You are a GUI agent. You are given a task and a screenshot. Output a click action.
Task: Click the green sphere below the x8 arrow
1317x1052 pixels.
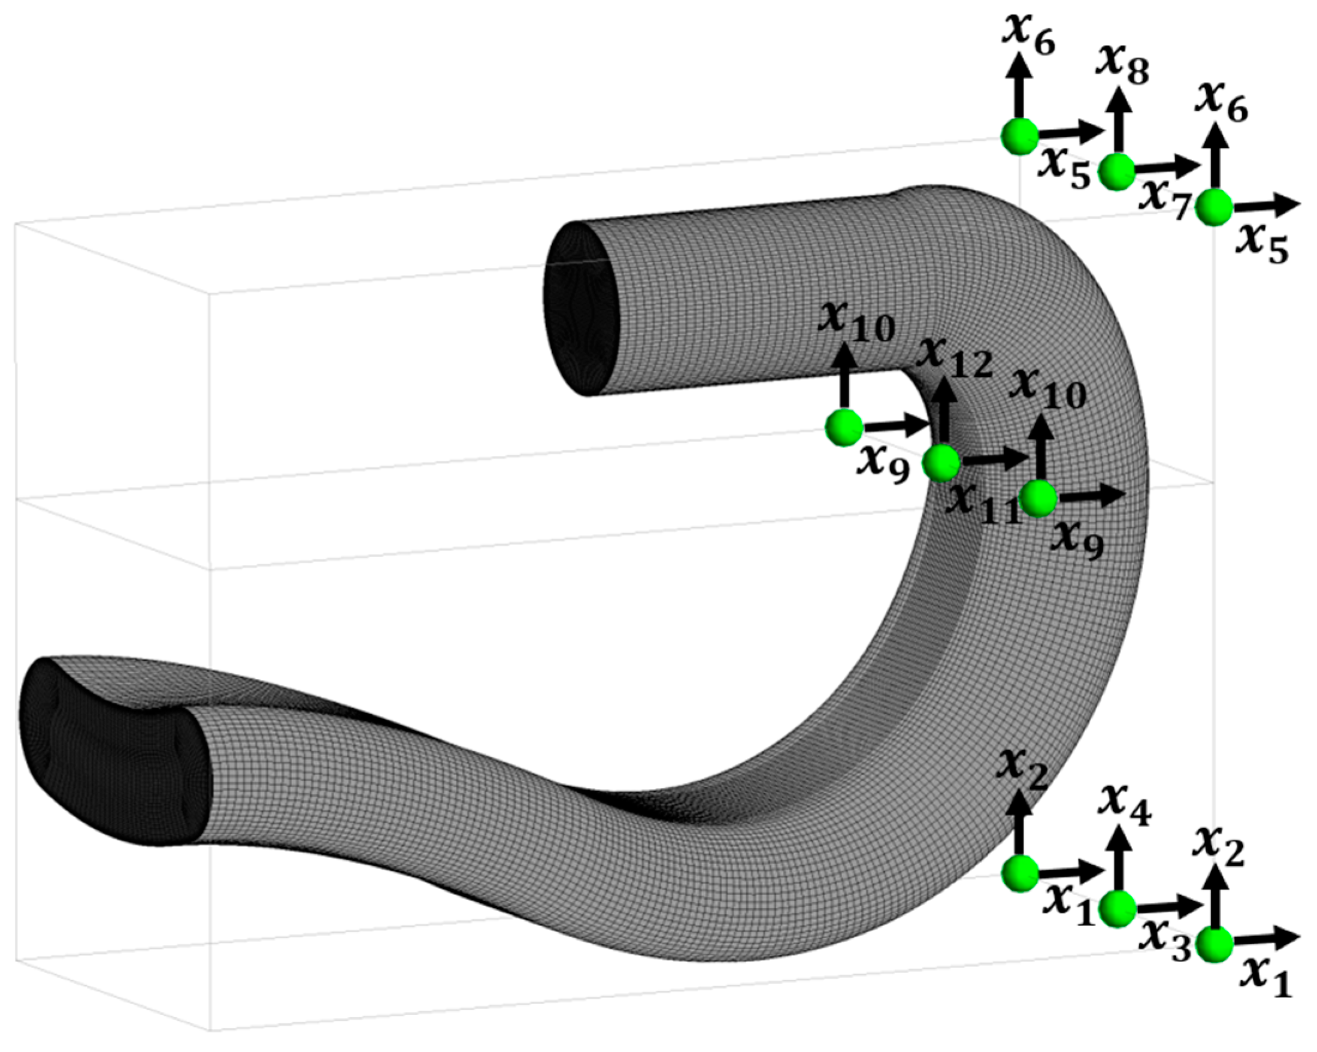[x=1117, y=172]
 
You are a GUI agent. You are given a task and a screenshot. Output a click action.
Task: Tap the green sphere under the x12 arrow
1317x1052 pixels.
[x=941, y=462]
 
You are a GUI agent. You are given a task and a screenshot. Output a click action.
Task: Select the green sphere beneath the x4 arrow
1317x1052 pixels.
[x=1117, y=909]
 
